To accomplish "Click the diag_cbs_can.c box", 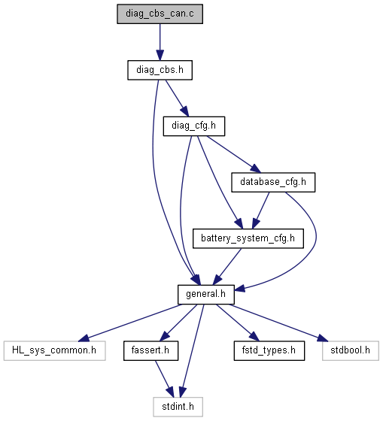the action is [160, 14].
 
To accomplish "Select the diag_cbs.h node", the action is [160, 70].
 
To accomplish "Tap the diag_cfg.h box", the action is [194, 126].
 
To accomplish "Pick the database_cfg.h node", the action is [273, 182].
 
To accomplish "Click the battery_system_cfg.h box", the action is [248, 238].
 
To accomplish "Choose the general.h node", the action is [206, 295].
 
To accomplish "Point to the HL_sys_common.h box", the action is [55, 350].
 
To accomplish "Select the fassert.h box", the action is [150, 350].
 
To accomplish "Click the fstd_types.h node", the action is [269, 350].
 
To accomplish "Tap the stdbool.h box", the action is [351, 350].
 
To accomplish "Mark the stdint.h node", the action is [178, 407].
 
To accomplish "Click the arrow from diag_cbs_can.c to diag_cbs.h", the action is [160, 42].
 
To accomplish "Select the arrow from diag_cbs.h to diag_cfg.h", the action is [177, 98].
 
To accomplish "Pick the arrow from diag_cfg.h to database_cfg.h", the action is [233, 154].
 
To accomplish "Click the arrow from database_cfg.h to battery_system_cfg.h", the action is [260, 210].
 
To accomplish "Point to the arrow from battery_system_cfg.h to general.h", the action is [227, 267].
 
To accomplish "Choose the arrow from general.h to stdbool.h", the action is [278, 323].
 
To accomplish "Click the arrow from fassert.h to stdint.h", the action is [164, 379].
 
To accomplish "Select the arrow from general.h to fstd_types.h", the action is [238, 323].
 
